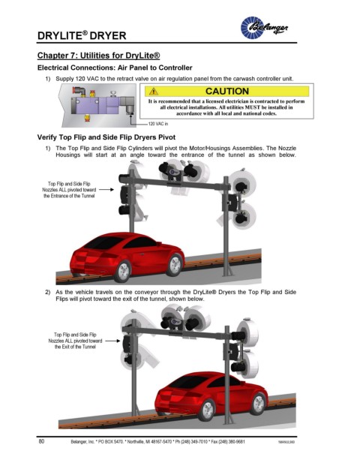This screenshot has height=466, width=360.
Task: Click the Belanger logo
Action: (264, 27)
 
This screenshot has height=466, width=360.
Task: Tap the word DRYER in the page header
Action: (108, 36)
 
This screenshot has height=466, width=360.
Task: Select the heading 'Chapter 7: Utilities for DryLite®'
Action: (98, 56)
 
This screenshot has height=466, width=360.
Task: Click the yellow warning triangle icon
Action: (153, 92)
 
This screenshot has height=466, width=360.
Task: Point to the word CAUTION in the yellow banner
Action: (227, 92)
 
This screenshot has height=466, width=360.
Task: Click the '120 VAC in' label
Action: (158, 124)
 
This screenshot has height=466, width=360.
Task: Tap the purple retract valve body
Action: (96, 105)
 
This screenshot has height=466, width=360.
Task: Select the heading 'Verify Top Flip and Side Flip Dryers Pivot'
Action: (106, 137)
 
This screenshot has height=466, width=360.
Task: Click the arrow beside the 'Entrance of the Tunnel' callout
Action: (106, 189)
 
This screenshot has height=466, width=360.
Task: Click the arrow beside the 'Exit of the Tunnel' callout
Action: (112, 341)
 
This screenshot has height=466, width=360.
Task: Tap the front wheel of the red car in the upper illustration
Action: (174, 264)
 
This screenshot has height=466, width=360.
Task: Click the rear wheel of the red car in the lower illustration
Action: (207, 410)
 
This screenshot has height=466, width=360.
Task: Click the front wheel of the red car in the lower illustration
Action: (257, 403)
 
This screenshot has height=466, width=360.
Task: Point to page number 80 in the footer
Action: (41, 441)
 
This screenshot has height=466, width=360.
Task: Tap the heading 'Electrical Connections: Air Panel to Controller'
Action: (115, 68)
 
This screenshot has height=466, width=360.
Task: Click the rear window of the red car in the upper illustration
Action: (103, 243)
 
